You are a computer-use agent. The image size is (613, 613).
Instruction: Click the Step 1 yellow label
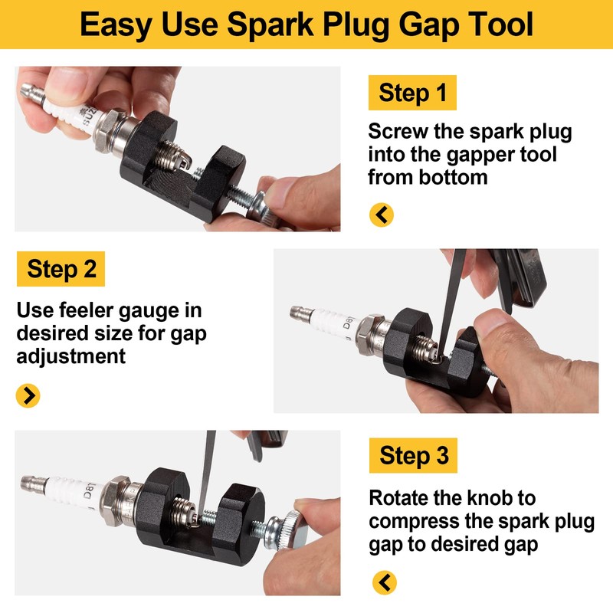412,93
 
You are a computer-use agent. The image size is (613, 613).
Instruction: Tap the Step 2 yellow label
61,269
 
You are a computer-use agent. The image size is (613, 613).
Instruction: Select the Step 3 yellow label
413,456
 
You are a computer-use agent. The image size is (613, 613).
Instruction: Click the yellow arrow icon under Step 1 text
381,215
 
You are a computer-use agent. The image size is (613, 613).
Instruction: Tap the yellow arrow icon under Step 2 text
28,395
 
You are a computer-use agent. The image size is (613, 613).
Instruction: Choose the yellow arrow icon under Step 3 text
385,582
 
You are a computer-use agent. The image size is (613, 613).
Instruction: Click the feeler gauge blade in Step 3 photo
205,475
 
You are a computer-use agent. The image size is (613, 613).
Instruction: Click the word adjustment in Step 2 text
71,356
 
